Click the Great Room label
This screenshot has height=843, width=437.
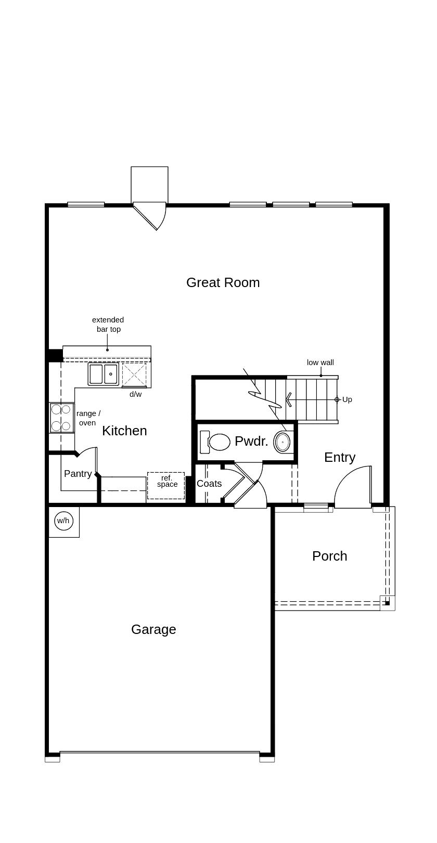pos(223,282)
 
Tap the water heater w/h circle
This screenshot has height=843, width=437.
pos(63,521)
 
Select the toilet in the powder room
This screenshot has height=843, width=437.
pos(216,442)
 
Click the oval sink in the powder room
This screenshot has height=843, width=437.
pos(282,442)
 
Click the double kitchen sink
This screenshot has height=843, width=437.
pos(104,374)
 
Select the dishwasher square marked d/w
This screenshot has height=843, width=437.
pos(134,374)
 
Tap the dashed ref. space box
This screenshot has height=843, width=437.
pos(166,485)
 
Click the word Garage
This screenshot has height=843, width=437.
pos(153,629)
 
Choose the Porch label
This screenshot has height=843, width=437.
pos(329,556)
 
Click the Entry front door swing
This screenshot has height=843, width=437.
pos(354,486)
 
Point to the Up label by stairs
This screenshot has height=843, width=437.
pos(347,399)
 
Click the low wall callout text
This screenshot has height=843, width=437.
pos(320,362)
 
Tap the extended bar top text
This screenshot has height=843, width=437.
pos(108,325)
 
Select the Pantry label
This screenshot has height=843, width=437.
pos(78,474)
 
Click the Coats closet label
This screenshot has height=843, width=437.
pos(209,484)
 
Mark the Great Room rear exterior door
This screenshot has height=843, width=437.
pos(151,216)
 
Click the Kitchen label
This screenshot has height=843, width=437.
pos(124,431)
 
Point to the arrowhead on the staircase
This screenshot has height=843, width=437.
pos(288,399)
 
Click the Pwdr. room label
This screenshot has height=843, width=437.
pos(251,442)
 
